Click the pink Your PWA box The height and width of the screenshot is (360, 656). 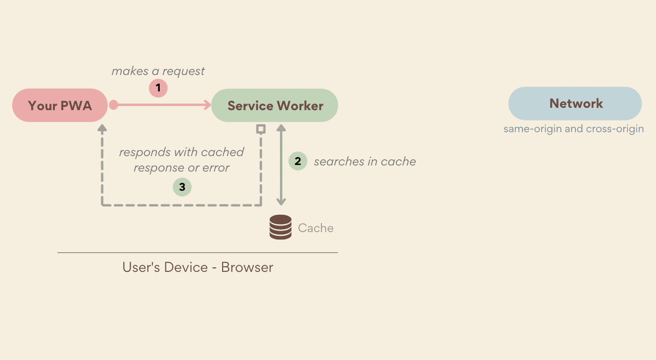(x=60, y=105)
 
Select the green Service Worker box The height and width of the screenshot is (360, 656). (x=275, y=105)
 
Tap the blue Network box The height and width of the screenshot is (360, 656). (x=575, y=104)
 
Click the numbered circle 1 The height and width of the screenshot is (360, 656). (x=158, y=88)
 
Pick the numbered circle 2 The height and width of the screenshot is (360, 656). (x=298, y=161)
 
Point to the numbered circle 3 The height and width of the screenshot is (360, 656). (x=182, y=187)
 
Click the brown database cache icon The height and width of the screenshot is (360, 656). (x=280, y=227)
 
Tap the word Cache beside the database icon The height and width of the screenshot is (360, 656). (x=316, y=228)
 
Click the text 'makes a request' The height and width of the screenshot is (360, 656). (x=158, y=71)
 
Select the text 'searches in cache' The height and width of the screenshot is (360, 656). (x=365, y=162)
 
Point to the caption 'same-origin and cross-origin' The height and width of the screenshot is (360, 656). (x=574, y=129)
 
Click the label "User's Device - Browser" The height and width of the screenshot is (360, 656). (x=198, y=267)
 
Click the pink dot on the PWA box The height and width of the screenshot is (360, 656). (x=113, y=105)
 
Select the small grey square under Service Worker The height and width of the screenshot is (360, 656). (x=261, y=128)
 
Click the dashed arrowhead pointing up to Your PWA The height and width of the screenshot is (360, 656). (x=102, y=127)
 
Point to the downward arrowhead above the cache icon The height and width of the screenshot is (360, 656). (x=281, y=202)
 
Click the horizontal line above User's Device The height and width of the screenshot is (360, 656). (x=198, y=253)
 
